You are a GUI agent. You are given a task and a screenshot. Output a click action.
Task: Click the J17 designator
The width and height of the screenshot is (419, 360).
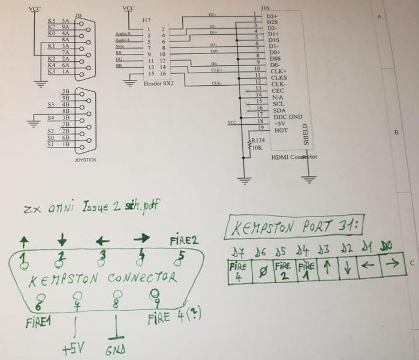pyautogui.click(x=146, y=20)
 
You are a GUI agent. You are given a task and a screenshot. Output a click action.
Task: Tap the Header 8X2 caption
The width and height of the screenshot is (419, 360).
pyautogui.click(x=158, y=83)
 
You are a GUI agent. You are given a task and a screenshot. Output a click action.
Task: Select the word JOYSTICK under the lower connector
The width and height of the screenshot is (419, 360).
pyautogui.click(x=85, y=160)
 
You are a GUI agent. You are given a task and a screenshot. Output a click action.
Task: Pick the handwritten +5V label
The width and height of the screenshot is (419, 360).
pyautogui.click(x=74, y=347)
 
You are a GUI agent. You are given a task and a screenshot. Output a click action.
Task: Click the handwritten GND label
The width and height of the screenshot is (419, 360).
pyautogui.click(x=115, y=349)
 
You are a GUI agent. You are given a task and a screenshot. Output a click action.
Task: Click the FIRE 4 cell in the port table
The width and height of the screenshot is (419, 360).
pyautogui.click(x=237, y=271)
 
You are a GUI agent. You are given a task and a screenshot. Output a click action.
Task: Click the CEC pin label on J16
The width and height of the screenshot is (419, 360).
pyautogui.click(x=278, y=91)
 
